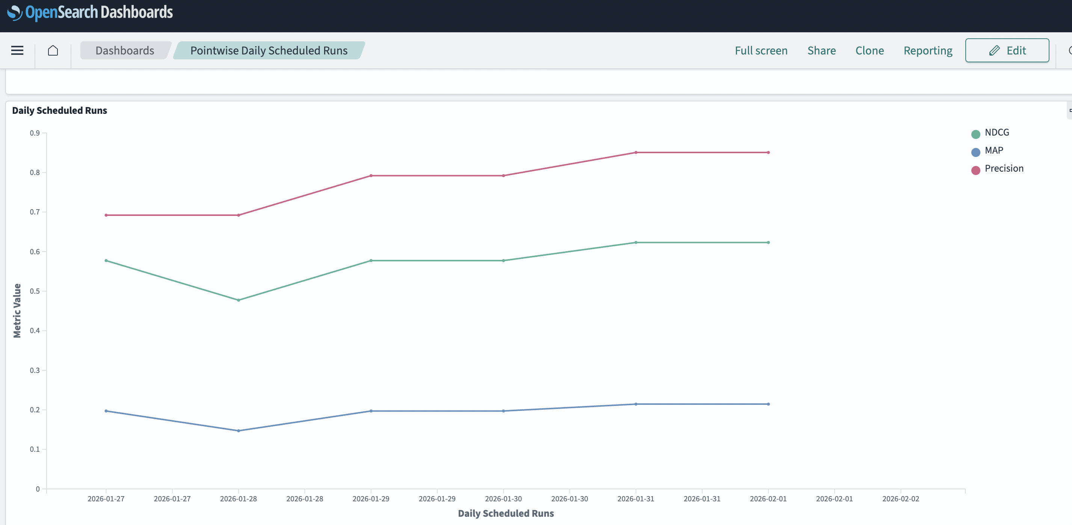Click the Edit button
(1007, 50)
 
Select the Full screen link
(761, 50)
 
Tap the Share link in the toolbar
(821, 50)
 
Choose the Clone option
(869, 50)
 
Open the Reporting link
(928, 50)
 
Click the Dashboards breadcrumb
(124, 50)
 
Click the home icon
(53, 50)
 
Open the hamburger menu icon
(17, 50)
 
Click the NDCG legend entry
(996, 133)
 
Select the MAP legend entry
(993, 151)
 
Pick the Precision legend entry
(1003, 169)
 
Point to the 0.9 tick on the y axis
(35, 133)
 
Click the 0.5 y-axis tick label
(35, 291)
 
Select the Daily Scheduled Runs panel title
(59, 110)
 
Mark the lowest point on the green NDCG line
(239, 300)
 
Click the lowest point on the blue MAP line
(239, 431)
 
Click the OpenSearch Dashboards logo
(90, 12)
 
